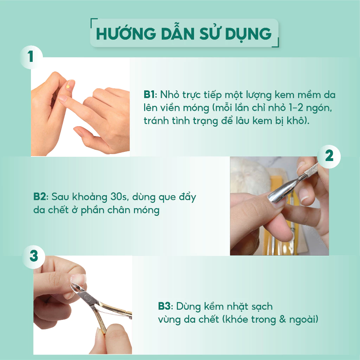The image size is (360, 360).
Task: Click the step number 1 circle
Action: coord(31,57)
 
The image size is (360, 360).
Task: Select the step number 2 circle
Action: coord(329,156)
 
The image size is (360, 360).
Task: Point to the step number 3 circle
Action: coord(34,257)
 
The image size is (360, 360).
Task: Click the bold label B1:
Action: coord(150,95)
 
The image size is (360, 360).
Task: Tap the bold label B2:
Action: coord(41,197)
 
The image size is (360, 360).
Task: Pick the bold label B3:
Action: coord(166,306)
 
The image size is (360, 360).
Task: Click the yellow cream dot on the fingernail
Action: coord(68,86)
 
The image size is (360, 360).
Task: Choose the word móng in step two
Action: coord(146,210)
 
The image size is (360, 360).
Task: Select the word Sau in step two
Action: coord(60,197)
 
